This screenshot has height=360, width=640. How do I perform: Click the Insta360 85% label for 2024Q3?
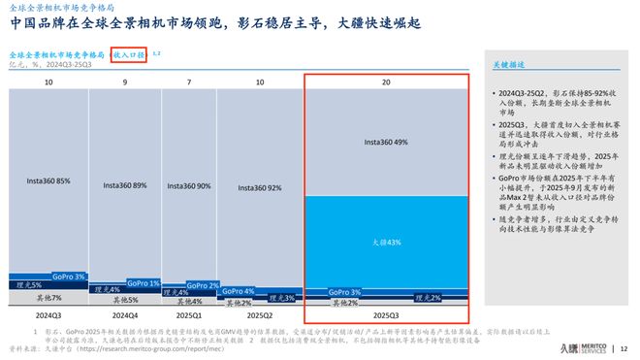[48, 180]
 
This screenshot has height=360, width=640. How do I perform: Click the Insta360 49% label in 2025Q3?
[386, 142]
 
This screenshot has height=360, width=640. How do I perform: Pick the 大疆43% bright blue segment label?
[386, 241]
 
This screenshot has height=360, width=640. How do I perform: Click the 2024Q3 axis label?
[48, 315]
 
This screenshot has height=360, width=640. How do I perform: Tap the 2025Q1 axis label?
[189, 315]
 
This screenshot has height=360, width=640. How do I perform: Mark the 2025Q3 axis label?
[386, 315]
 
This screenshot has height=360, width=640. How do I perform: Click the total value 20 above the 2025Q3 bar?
[386, 83]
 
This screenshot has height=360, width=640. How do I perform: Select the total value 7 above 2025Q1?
[189, 83]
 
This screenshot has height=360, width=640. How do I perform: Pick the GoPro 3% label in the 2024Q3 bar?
[73, 277]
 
